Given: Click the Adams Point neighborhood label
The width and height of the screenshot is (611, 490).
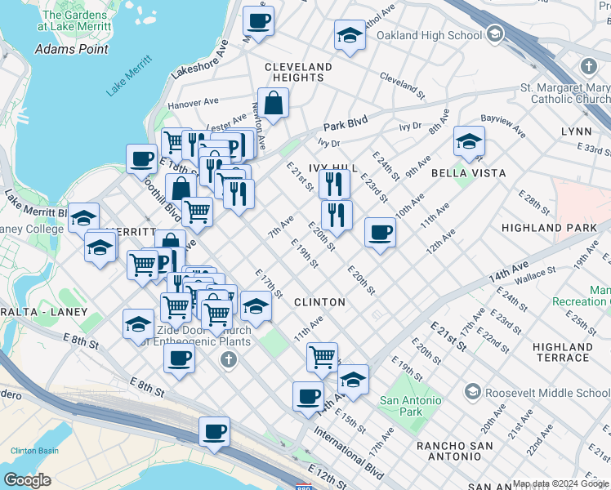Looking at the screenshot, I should pos(72,49).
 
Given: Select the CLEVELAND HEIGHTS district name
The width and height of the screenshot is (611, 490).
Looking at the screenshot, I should pos(297,72).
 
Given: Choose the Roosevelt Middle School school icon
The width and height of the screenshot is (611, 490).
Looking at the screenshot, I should pos(472,393).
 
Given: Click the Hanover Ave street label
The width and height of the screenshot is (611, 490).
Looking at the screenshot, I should pos(193,104).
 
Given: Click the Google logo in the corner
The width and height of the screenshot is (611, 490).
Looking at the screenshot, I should pos(28,480).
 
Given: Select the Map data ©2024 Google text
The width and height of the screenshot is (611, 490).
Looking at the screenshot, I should pos(560,483).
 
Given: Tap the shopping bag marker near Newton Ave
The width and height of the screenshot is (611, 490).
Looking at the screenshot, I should pos(274,104).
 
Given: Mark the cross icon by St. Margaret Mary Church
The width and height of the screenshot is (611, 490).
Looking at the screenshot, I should pos(588,65).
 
